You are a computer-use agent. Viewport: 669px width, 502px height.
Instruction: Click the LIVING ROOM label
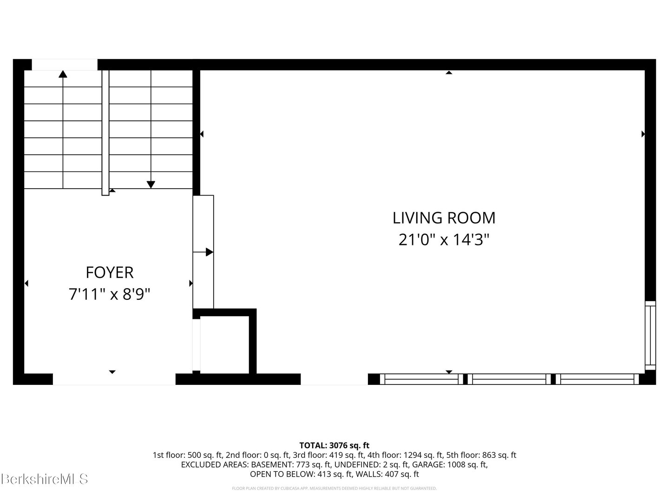tap(444, 218)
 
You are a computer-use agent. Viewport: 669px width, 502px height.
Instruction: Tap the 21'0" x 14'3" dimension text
tap(444, 240)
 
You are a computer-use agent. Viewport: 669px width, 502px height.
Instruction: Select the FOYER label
tap(110, 272)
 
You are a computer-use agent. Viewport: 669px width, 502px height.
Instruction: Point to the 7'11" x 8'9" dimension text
tap(110, 294)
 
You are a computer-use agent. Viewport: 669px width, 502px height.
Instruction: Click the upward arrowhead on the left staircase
tap(63, 73)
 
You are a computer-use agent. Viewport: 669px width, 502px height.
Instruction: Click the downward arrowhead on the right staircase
tap(151, 185)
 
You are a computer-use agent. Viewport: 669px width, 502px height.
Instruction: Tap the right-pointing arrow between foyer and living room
tap(209, 252)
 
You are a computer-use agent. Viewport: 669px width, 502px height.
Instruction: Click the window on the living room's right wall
tap(650, 335)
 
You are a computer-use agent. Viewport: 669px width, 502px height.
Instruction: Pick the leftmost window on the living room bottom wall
tap(421, 379)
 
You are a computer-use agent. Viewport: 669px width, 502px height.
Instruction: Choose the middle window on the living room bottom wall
tap(509, 379)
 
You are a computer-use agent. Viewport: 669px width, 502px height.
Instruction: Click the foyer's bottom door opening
tap(114, 379)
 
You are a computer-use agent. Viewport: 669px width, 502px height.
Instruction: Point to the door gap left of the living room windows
tap(334, 379)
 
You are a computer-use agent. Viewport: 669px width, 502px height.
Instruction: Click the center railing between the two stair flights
tap(105, 132)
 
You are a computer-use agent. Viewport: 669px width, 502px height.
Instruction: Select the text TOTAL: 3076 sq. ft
tap(334, 445)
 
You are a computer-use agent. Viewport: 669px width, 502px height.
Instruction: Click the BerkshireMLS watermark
tap(45, 479)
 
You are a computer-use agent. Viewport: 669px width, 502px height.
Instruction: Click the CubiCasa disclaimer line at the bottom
tap(334, 489)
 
